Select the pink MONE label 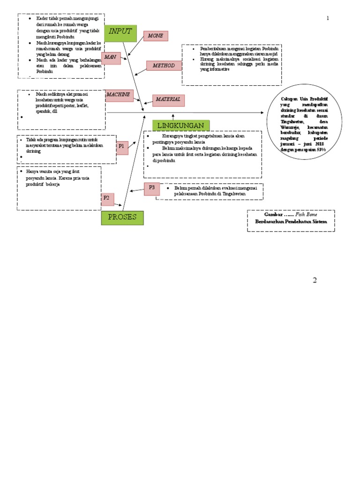tap(156, 36)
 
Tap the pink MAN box tap(111, 58)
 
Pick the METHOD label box tap(164, 66)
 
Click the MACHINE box tap(119, 95)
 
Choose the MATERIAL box tap(168, 100)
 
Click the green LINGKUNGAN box tap(181, 126)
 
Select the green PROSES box tap(122, 218)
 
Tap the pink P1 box tap(121, 147)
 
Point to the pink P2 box tap(107, 199)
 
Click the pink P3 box tap(152, 188)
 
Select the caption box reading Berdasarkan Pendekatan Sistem tap(291, 221)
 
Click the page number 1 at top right tap(328, 18)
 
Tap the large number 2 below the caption tap(315, 280)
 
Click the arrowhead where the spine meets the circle tap(262, 113)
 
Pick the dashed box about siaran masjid tap(232, 65)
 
